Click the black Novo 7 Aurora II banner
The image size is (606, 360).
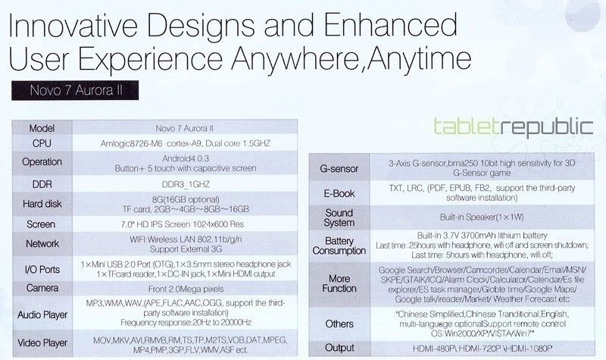point(75,90)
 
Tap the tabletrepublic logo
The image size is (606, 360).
point(514,127)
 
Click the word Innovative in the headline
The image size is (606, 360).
point(73,25)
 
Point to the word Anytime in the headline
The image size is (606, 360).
point(419,59)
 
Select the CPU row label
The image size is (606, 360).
point(42,143)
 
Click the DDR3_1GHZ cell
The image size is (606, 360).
point(186,184)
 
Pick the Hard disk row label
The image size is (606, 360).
point(42,204)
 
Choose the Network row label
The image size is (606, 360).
point(42,243)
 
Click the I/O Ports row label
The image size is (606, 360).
point(42,270)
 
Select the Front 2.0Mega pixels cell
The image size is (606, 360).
point(186,289)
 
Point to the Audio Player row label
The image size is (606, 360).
point(42,315)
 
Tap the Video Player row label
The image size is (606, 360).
point(42,343)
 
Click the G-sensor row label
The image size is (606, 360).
point(339,168)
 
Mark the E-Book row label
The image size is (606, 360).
point(339,193)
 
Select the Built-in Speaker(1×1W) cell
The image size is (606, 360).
point(482,218)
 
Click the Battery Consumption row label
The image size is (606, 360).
point(339,246)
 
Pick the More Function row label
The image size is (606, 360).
point(339,283)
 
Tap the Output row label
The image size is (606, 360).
point(339,348)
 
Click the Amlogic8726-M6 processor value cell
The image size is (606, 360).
point(186,143)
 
